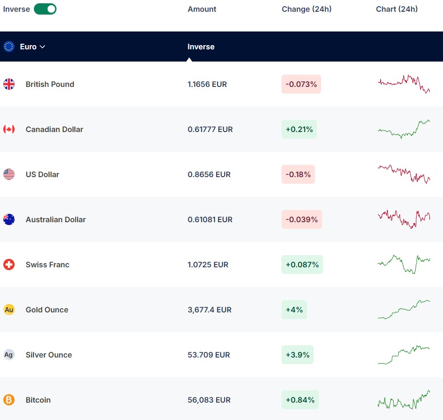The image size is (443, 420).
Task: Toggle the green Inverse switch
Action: pos(45,9)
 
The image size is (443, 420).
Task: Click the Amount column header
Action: pos(201,9)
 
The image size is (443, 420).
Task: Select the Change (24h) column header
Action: pos(306,9)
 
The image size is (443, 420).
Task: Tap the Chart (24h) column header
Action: pos(397,9)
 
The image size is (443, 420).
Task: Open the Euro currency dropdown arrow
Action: pos(42,47)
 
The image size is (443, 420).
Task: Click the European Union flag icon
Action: pos(9,47)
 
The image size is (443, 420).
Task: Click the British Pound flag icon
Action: pos(9,84)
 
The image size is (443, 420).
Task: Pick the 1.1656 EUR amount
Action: pos(207,84)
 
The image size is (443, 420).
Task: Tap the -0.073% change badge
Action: pos(301,84)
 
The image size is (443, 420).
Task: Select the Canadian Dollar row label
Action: pos(54,129)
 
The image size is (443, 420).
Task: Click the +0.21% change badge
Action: pos(299,129)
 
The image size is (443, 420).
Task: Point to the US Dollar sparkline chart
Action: pos(404,174)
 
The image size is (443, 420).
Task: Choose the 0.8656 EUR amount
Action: pos(209,174)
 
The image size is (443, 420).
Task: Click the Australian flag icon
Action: pos(9,219)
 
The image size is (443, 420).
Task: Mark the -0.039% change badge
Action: pos(302,219)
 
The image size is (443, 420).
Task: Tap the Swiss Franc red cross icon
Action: pos(9,264)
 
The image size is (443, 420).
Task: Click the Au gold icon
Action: pos(9,310)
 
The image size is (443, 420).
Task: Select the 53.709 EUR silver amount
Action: pos(209,355)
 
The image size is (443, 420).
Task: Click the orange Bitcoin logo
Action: pos(9,400)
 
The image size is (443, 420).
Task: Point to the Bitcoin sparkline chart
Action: pos(404,400)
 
